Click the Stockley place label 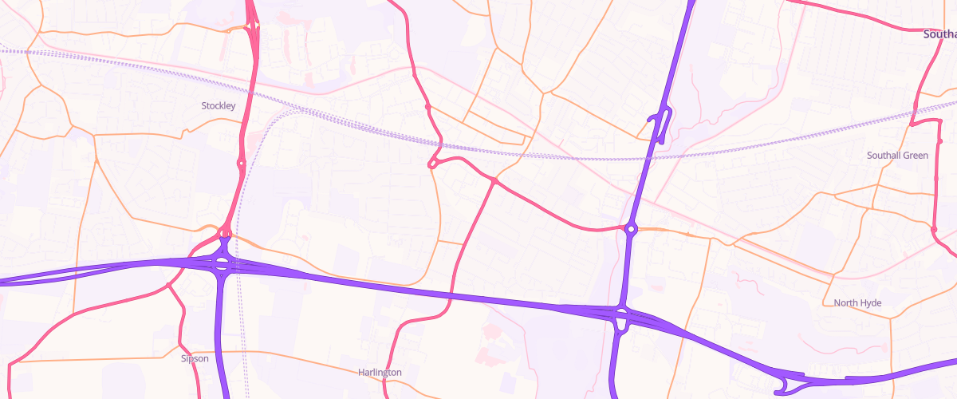click(x=219, y=105)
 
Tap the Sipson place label click(x=195, y=358)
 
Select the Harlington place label click(x=380, y=372)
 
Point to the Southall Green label click(x=897, y=155)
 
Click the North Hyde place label click(x=857, y=302)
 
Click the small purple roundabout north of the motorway click(x=631, y=230)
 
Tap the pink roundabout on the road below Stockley click(x=241, y=164)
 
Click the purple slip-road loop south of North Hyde click(x=790, y=383)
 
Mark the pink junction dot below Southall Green click(x=933, y=229)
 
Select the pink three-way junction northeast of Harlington click(x=494, y=181)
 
